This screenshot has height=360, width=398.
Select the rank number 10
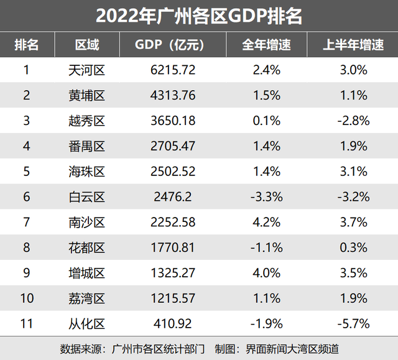[26, 298]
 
